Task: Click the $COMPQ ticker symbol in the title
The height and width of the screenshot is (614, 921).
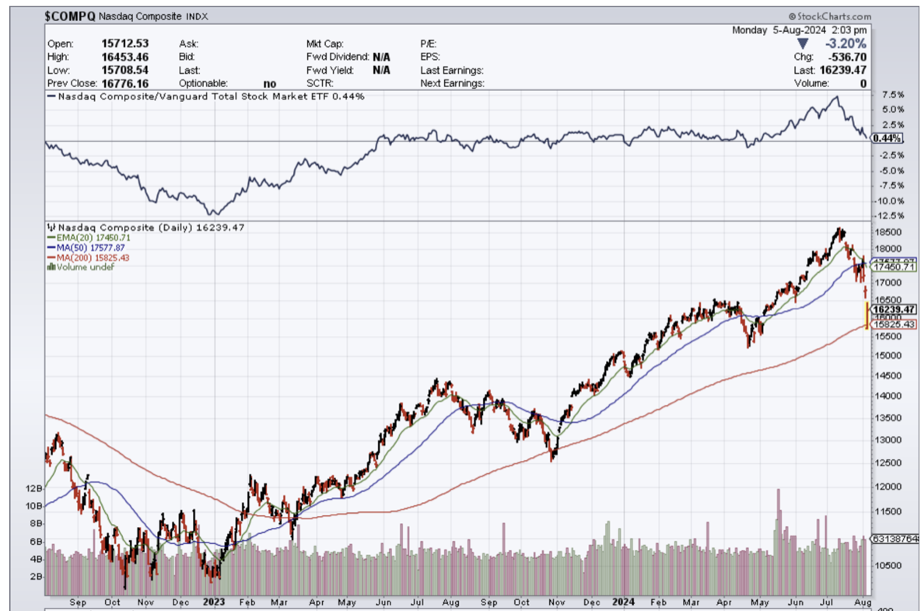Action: (70, 16)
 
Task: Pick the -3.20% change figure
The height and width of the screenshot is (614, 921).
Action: (846, 44)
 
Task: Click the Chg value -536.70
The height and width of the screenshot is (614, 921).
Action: (846, 57)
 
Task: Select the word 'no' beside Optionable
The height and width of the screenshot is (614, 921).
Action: (270, 82)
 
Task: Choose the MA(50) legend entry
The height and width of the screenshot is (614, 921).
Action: (86, 247)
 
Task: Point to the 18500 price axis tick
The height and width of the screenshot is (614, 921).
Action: (888, 232)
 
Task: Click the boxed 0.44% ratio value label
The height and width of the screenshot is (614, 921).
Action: (888, 138)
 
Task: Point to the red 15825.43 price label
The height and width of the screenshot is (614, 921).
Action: (895, 324)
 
